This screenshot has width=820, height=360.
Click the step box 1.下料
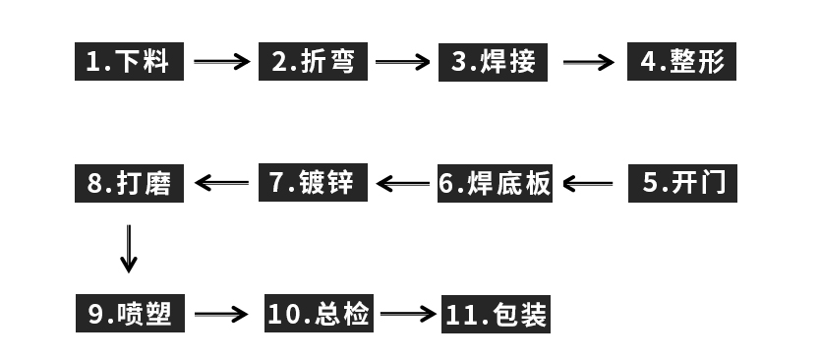click(x=129, y=62)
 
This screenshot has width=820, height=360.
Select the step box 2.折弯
click(x=315, y=62)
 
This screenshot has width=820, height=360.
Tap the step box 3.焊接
click(x=495, y=62)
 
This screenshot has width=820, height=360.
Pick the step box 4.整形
click(x=681, y=62)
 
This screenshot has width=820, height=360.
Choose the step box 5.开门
click(x=681, y=183)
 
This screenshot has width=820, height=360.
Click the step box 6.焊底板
click(x=495, y=184)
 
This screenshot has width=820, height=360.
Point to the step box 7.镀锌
click(x=315, y=183)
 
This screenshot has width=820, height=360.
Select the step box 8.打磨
click(x=129, y=183)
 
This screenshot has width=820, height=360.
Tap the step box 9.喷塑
click(x=129, y=314)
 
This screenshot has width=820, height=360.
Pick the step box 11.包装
click(x=495, y=315)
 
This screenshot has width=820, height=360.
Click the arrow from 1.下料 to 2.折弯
click(x=222, y=62)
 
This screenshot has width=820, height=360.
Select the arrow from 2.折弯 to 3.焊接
click(x=403, y=62)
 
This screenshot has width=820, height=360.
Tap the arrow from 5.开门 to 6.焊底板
click(x=587, y=183)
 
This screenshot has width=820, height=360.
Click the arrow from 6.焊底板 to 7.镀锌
click(x=403, y=183)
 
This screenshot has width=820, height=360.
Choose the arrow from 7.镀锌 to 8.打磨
click(x=222, y=183)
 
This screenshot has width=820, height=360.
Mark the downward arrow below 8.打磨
click(x=129, y=248)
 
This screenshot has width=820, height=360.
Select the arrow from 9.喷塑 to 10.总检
click(x=222, y=315)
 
